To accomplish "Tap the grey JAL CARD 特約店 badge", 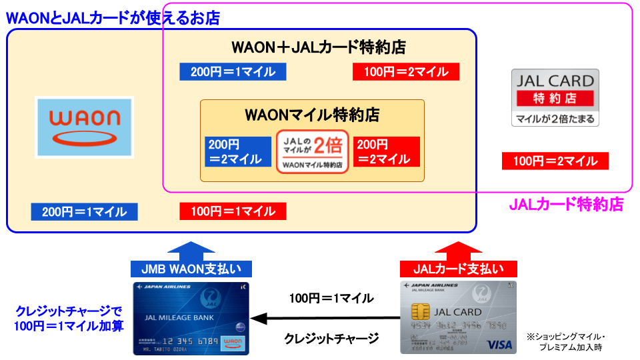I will (555, 97).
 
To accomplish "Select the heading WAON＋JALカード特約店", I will (319, 48).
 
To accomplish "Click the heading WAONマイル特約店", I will (312, 114).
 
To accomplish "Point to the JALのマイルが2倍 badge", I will (313, 151).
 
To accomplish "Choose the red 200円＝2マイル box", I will (386, 151).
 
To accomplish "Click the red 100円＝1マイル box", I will (233, 212).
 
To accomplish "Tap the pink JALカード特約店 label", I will (566, 205).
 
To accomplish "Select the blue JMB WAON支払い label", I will (191, 269).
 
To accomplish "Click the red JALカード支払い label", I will (459, 269).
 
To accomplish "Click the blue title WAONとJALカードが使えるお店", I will (113, 18).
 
